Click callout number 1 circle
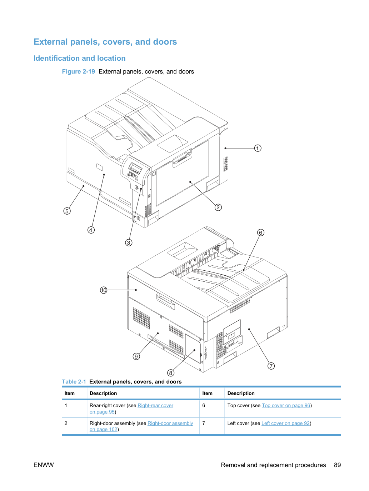coord(258,148)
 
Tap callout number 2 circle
coord(218,207)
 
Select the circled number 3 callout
coord(129,243)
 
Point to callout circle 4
coord(91,230)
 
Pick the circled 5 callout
coord(67,211)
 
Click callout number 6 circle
coord(260,232)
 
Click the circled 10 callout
coord(104,290)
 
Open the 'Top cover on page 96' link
coord(286,405)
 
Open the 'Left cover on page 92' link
coord(285,423)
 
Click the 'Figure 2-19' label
coord(78,71)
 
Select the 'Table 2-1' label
coord(74,382)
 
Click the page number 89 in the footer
coord(337,465)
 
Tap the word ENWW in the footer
coord(44,465)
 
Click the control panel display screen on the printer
coord(135,168)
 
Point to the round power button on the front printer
coord(136,187)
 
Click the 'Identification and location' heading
coord(79,58)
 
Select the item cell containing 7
coord(212,426)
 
